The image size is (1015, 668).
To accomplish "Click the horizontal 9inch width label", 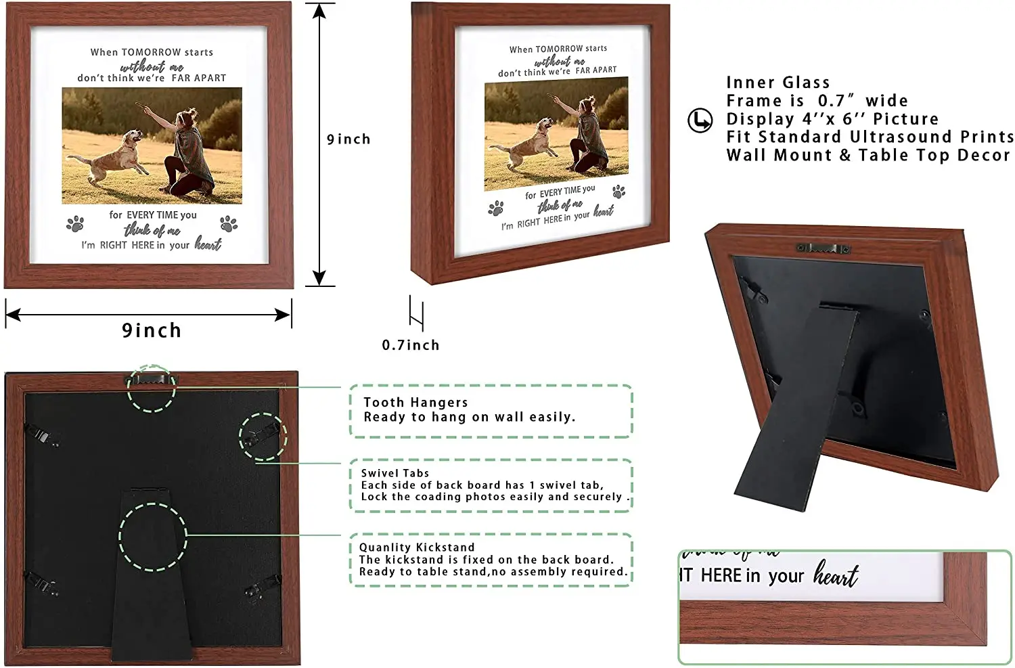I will (x=152, y=330).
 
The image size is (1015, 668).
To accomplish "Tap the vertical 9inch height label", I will (x=348, y=139).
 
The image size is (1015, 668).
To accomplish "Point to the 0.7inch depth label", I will (x=410, y=345).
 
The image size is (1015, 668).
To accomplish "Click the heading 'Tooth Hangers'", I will (x=415, y=403).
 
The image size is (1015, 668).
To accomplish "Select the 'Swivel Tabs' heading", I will (x=395, y=473).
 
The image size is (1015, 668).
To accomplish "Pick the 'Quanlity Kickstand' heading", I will (x=417, y=548).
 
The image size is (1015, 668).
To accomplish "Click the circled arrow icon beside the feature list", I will (x=700, y=120).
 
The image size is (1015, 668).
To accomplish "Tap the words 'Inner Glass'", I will (x=777, y=83).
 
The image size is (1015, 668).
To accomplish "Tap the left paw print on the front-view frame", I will (x=75, y=223).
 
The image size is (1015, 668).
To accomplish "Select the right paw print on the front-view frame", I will (x=229, y=223).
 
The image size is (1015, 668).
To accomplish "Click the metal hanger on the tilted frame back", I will (x=822, y=248).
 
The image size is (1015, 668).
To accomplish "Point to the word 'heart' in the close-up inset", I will (x=836, y=575).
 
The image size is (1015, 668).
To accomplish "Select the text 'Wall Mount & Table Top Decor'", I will (x=867, y=156).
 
